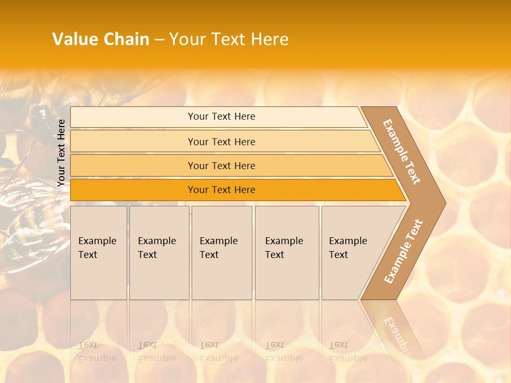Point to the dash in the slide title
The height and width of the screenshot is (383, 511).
(159, 40)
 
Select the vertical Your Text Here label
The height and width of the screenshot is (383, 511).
(61, 153)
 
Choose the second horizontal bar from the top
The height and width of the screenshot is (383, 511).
(221, 141)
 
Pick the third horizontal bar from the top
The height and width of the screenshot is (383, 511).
(221, 165)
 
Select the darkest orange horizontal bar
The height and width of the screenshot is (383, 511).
(221, 190)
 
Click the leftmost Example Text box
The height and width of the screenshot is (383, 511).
(98, 253)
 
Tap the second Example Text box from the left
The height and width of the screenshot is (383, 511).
(159, 253)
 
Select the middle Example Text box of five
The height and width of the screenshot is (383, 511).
(221, 253)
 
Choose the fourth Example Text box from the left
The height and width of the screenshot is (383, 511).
(287, 253)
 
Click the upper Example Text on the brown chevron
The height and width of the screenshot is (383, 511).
(402, 152)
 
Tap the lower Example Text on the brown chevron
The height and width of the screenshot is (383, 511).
(403, 251)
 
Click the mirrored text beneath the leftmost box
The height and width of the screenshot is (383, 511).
(97, 352)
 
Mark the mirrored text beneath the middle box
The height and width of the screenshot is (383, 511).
(218, 352)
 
